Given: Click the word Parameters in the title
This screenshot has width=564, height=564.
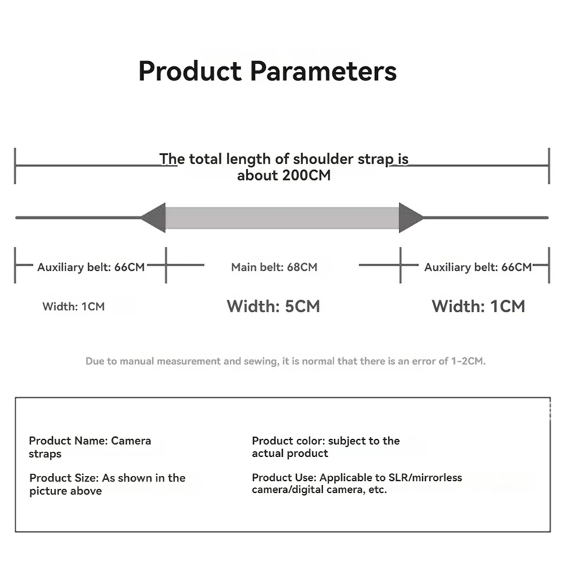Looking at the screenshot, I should pos(324,72).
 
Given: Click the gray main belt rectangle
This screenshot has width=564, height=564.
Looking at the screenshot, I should pos(282,218).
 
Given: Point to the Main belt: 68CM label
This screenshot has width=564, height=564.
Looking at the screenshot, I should pos(274,267).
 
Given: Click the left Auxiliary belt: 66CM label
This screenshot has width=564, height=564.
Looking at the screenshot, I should pos(91,267).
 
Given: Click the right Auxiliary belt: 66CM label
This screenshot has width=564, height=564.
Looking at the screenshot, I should pos(478,267).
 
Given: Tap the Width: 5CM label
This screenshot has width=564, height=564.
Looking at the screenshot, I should pos(273,307).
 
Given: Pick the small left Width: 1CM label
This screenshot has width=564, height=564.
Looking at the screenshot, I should pos(73,307).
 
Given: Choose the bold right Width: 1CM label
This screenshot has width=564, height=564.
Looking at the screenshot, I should pos(478,307).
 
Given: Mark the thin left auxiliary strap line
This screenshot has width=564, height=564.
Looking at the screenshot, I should pos(78,217).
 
